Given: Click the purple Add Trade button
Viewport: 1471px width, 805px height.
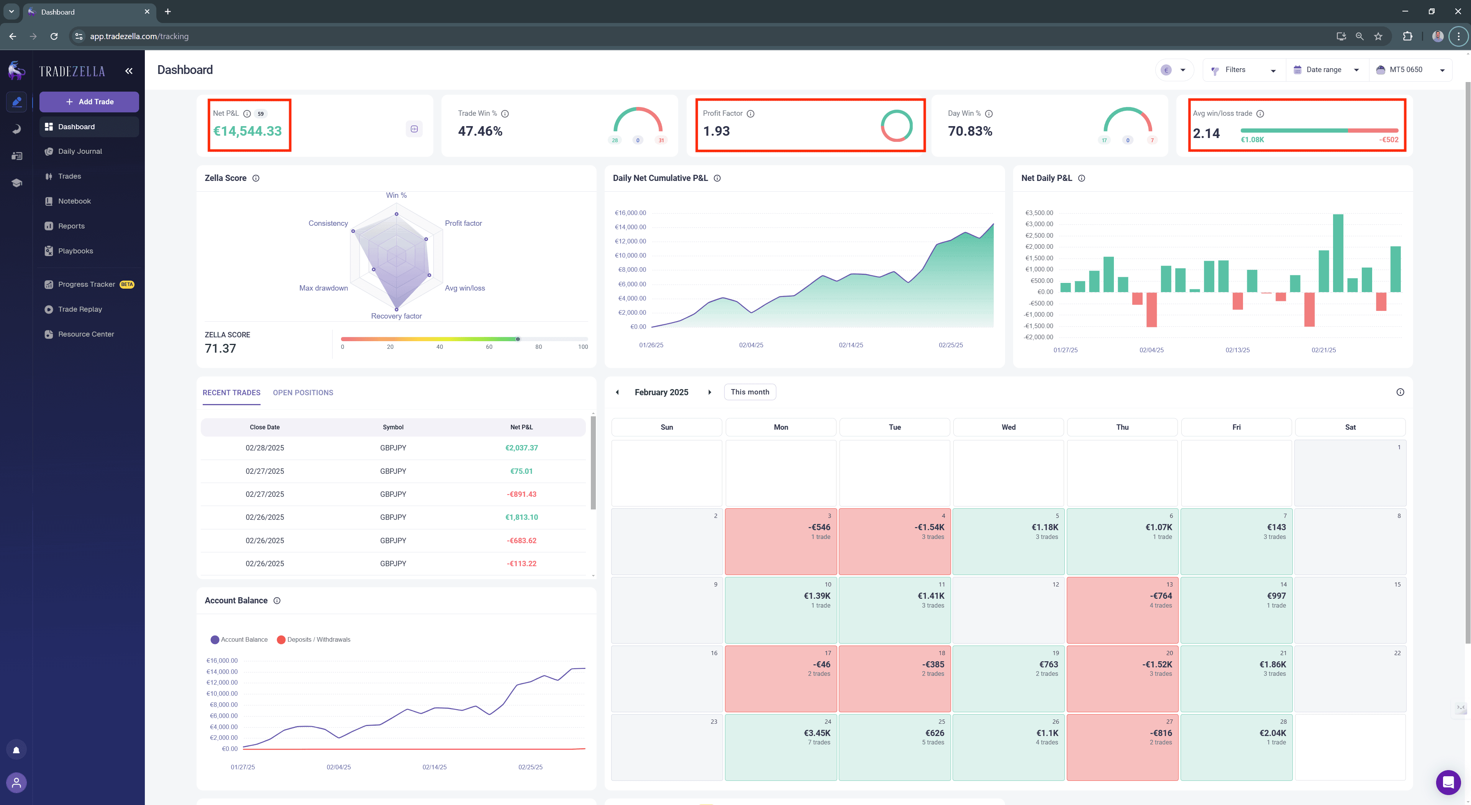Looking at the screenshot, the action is pos(89,102).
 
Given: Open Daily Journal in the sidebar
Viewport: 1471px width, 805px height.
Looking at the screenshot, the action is pos(80,151).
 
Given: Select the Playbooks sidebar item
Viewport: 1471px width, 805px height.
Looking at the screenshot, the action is pos(75,251).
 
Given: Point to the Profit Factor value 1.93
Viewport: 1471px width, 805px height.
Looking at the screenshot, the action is pos(716,131).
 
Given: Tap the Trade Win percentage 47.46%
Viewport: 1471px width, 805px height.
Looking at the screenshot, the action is pos(480,131).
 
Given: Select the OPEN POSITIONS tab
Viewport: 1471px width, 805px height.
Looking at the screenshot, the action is pos(303,393).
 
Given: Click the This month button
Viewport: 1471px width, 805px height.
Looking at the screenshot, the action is pos(750,392).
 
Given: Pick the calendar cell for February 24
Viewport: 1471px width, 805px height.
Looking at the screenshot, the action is pos(781,747).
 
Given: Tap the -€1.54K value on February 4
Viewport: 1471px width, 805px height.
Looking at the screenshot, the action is pos(929,527).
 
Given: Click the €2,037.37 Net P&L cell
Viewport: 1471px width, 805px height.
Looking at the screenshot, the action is pos(521,448).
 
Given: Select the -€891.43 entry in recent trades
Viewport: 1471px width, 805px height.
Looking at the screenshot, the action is pos(521,494).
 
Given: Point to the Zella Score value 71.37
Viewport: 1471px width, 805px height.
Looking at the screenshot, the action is pos(220,348).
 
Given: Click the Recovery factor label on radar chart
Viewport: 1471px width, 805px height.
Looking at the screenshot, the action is pos(396,316).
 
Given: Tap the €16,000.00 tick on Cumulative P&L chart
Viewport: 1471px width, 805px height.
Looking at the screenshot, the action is pos(630,213).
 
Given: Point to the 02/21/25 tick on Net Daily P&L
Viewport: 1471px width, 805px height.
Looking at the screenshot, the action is pos(1324,350).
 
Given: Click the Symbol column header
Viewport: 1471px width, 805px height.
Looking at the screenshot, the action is pos(393,427).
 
